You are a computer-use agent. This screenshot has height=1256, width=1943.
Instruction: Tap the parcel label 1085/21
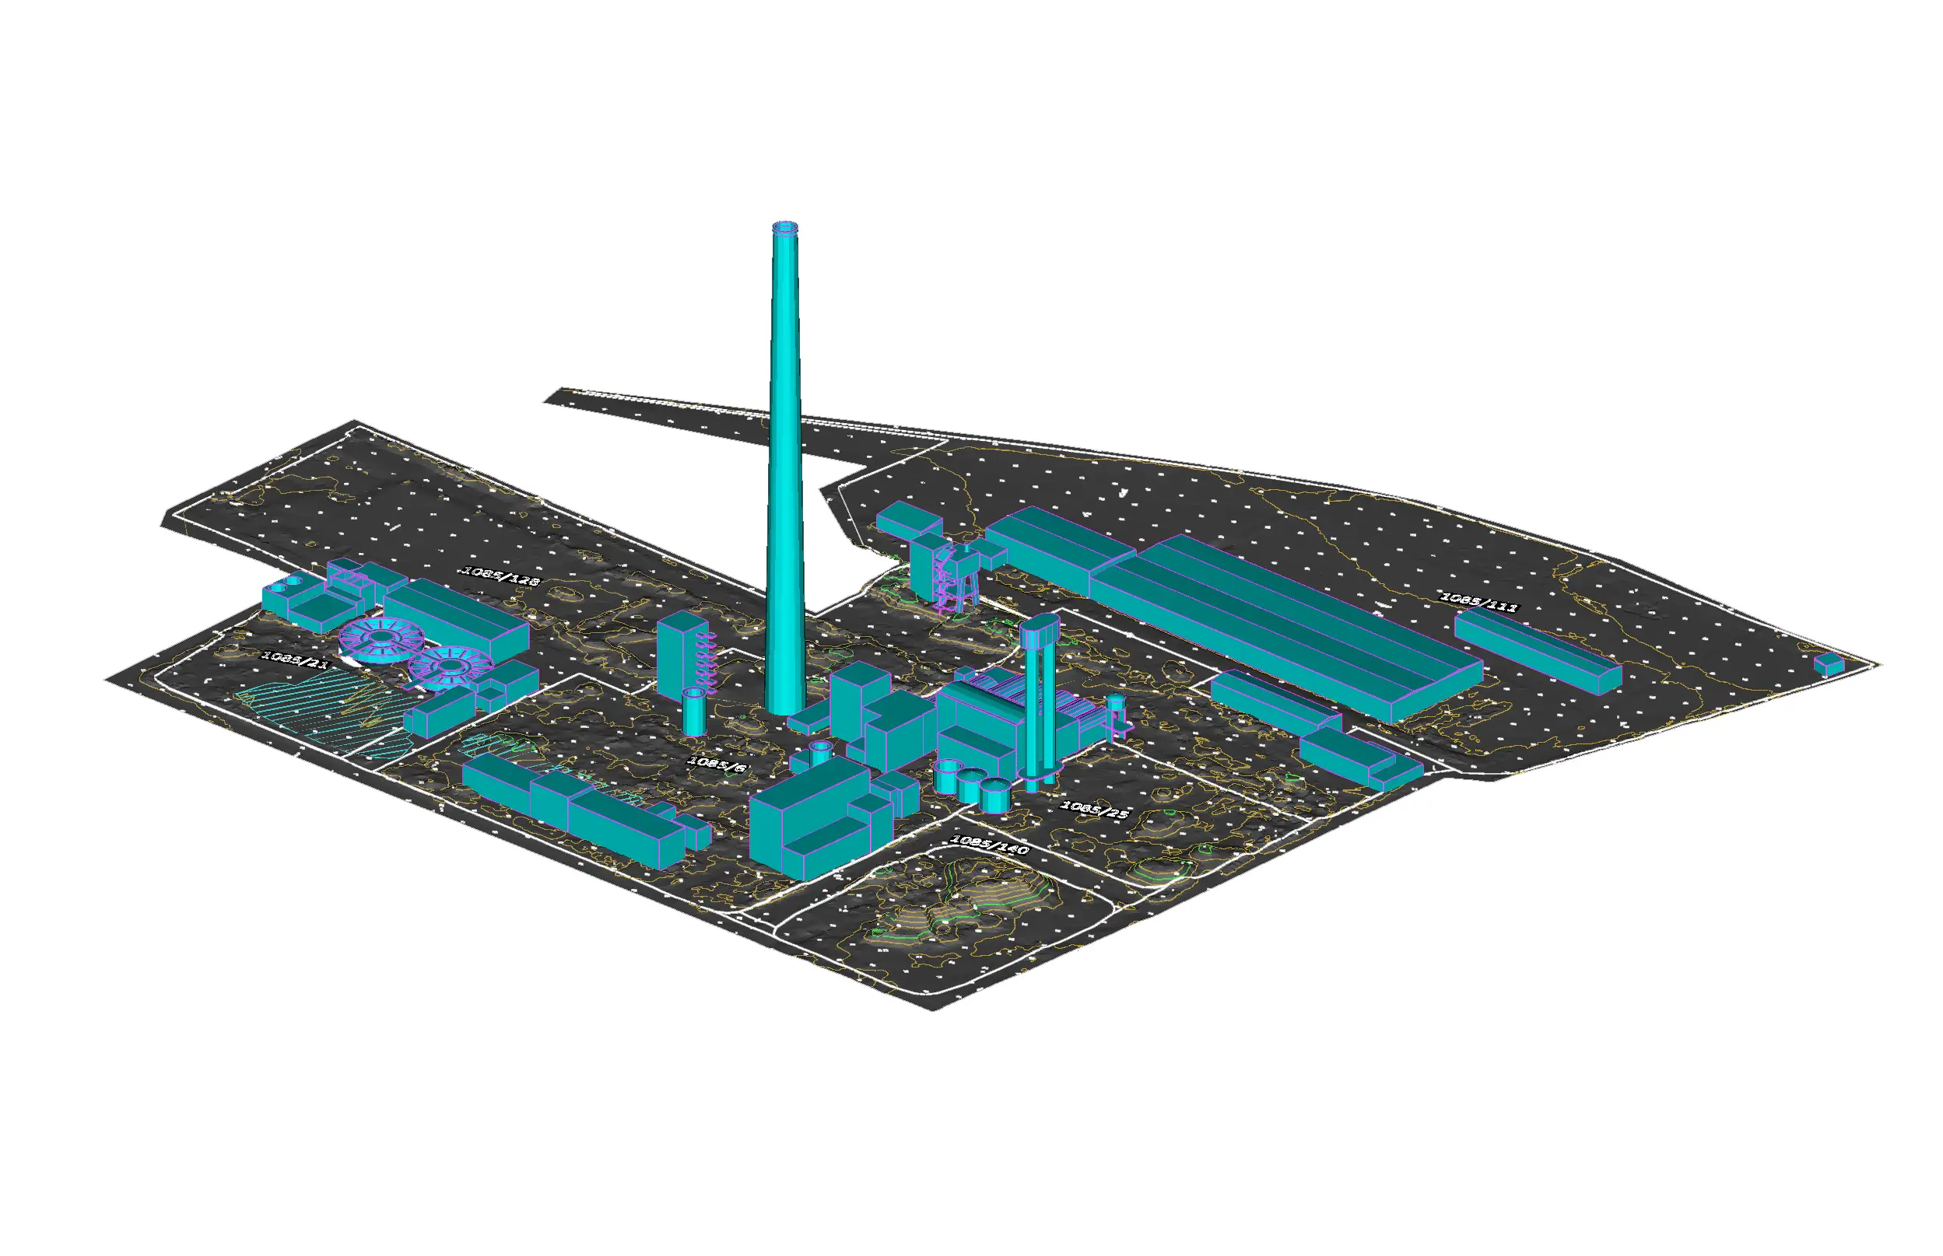[x=295, y=659]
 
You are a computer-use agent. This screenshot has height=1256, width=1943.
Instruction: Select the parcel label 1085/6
[x=717, y=764]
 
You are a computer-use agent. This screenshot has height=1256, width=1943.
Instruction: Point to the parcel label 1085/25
[x=1093, y=809]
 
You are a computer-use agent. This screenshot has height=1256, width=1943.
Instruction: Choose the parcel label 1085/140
[x=989, y=844]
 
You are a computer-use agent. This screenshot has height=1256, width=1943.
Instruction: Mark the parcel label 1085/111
[x=1478, y=603]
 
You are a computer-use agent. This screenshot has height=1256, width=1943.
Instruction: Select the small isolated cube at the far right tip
[x=1828, y=664]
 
